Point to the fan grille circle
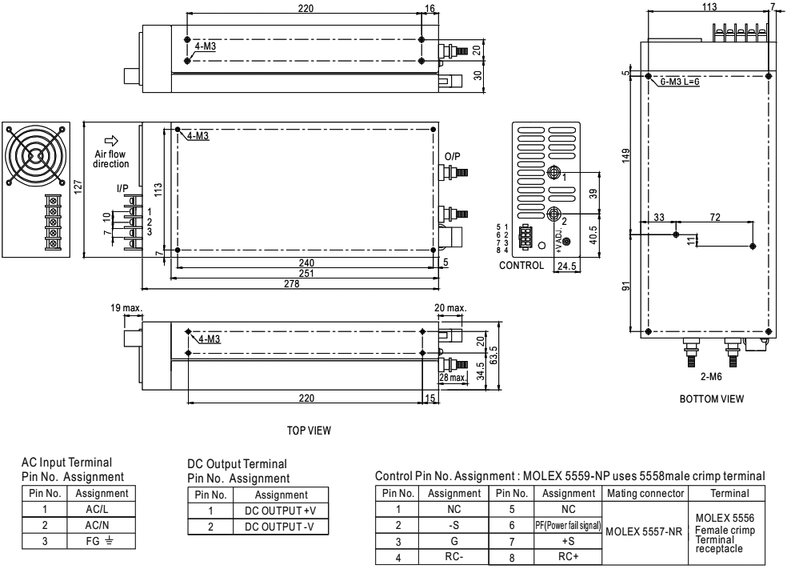34,154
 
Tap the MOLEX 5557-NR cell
640,529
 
